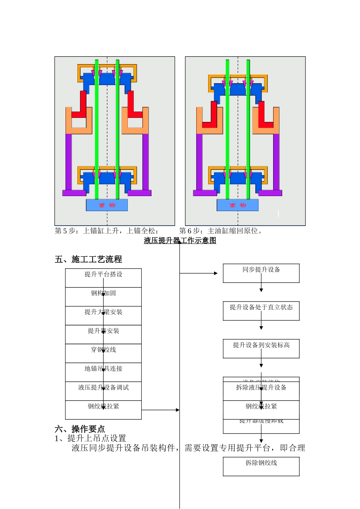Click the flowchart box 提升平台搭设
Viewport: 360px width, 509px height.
pos(103,278)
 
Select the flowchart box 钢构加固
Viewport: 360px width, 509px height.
pos(103,297)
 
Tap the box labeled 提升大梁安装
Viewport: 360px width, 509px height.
pos(103,316)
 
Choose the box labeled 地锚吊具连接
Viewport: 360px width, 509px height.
pos(103,372)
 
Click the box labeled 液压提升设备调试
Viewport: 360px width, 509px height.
pos(103,391)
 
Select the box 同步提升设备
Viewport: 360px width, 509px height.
pos(261,273)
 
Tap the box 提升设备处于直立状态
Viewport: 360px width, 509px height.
pos(261,311)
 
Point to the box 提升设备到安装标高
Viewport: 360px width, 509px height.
pos(261,348)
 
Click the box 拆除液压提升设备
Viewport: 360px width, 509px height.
pos(261,390)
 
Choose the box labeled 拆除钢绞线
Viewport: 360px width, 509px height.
pos(261,466)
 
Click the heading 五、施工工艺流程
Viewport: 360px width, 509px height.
pos(88,259)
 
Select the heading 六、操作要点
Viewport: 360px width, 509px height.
pos(80,429)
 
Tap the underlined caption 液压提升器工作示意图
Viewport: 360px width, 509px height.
pos(180,240)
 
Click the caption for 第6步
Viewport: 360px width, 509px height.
pos(221,231)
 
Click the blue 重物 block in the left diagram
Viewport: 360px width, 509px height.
pos(107,205)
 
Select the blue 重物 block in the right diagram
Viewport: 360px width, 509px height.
pos(238,205)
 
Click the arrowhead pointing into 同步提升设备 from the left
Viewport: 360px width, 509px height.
pos(216,273)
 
